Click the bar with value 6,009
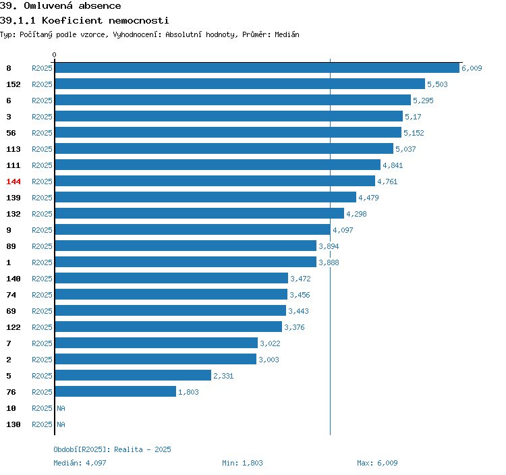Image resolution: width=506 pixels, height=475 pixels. coord(257,67)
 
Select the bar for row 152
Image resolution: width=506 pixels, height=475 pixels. coord(240,84)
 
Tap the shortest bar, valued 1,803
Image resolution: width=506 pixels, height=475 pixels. coord(115,391)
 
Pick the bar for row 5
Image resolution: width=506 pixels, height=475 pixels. coord(133,375)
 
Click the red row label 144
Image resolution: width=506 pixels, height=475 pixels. coord(13,181)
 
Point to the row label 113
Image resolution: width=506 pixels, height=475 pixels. coord(13,149)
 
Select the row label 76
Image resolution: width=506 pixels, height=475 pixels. coord(11,392)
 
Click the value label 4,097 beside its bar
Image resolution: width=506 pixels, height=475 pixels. coord(343,230)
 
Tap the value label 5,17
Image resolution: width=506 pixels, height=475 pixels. coord(413,117)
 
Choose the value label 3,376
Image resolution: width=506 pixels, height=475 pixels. coord(294,327)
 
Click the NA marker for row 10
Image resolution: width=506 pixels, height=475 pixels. coord(61,408)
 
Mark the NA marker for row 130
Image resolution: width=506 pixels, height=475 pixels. coord(61,424)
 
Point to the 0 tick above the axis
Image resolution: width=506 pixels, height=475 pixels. coord(54,55)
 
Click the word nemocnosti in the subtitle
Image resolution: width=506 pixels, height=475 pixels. coord(139,21)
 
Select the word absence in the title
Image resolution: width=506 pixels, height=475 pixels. coord(100,6)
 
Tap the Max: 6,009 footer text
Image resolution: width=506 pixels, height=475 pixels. coord(377,463)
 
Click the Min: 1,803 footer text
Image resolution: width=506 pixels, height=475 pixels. coord(242,463)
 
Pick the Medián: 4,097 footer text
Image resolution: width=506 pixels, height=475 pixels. coord(80,463)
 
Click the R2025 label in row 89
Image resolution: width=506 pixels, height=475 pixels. coord(42,246)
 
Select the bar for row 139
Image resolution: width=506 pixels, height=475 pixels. coord(206,197)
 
